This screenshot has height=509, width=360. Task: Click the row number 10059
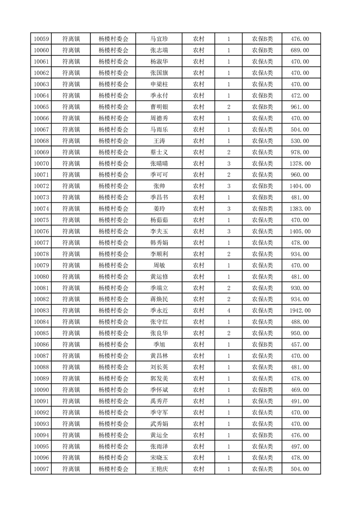(x=41, y=39)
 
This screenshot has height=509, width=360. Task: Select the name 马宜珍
(x=159, y=39)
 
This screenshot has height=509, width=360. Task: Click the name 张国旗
(x=159, y=73)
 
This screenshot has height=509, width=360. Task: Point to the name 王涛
(x=159, y=141)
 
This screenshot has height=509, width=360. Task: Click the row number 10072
(x=41, y=186)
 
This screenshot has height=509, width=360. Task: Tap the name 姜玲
(x=159, y=209)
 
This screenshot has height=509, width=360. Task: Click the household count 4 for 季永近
(x=228, y=311)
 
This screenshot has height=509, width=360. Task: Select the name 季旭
(x=159, y=344)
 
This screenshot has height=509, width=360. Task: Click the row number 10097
(x=41, y=469)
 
